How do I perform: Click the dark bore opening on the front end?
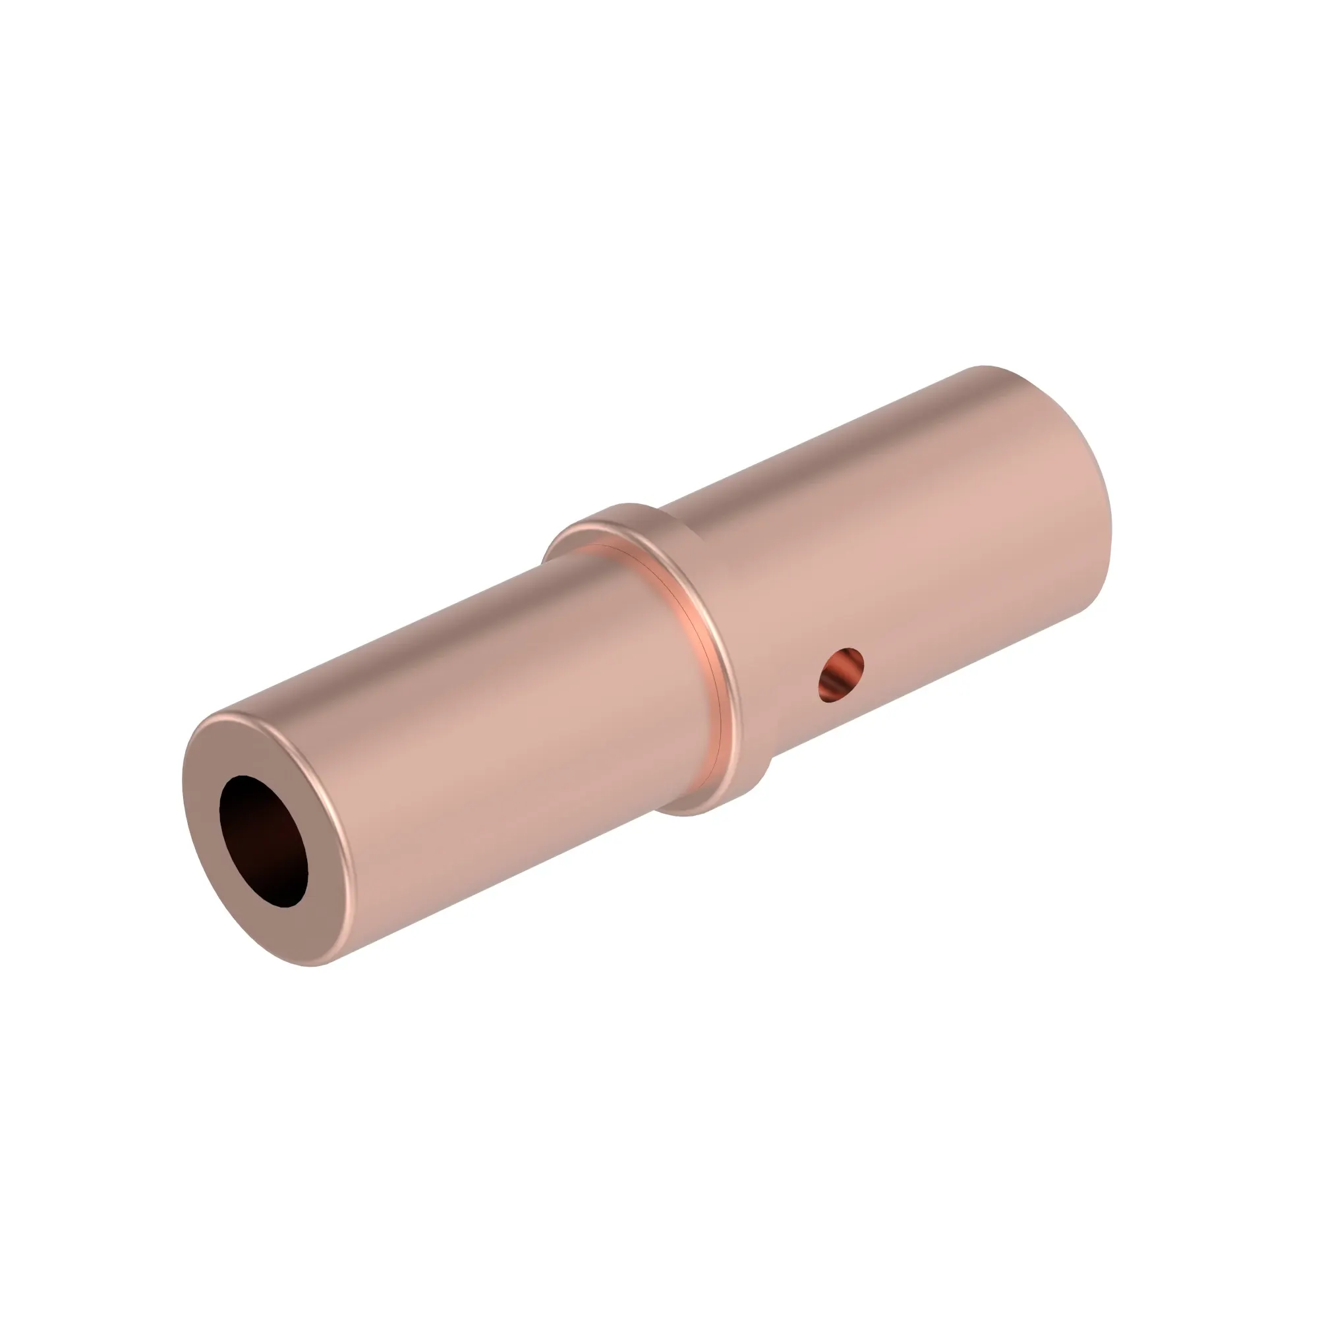pyautogui.click(x=264, y=840)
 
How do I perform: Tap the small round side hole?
pyautogui.click(x=841, y=674)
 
